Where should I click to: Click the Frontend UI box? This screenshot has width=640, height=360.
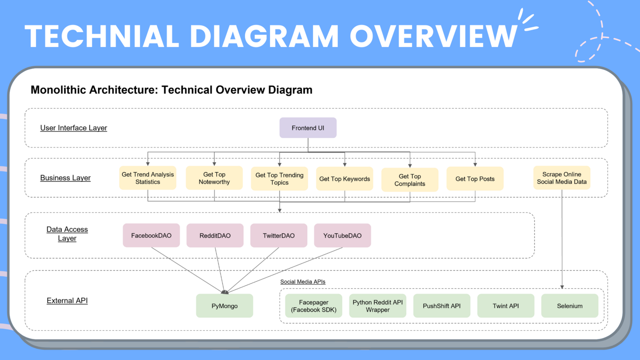308,128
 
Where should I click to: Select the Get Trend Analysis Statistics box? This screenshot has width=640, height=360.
148,178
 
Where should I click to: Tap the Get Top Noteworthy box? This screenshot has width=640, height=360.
214,178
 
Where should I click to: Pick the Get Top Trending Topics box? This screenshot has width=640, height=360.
279,179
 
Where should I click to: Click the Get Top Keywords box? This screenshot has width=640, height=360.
344,179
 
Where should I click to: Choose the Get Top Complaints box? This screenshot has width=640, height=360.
410,180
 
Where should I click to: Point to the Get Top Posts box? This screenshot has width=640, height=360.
475,179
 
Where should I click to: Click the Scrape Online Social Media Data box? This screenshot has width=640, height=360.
561,178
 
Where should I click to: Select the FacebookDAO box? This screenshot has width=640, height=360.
151,235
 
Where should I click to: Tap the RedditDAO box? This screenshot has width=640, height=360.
215,235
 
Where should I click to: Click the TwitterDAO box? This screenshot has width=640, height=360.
279,235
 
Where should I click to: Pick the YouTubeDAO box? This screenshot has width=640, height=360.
342,235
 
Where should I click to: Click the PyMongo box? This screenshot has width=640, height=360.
224,306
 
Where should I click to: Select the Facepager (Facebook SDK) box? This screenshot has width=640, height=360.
314,306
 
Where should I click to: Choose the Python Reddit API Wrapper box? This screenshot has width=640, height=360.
378,306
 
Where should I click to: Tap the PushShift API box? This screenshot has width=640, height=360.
442,306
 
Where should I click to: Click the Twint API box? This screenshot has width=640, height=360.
506,306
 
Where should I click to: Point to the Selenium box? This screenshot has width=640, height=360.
570,306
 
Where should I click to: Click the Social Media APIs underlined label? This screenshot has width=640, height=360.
303,282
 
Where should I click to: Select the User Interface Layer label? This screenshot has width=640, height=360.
73,128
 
